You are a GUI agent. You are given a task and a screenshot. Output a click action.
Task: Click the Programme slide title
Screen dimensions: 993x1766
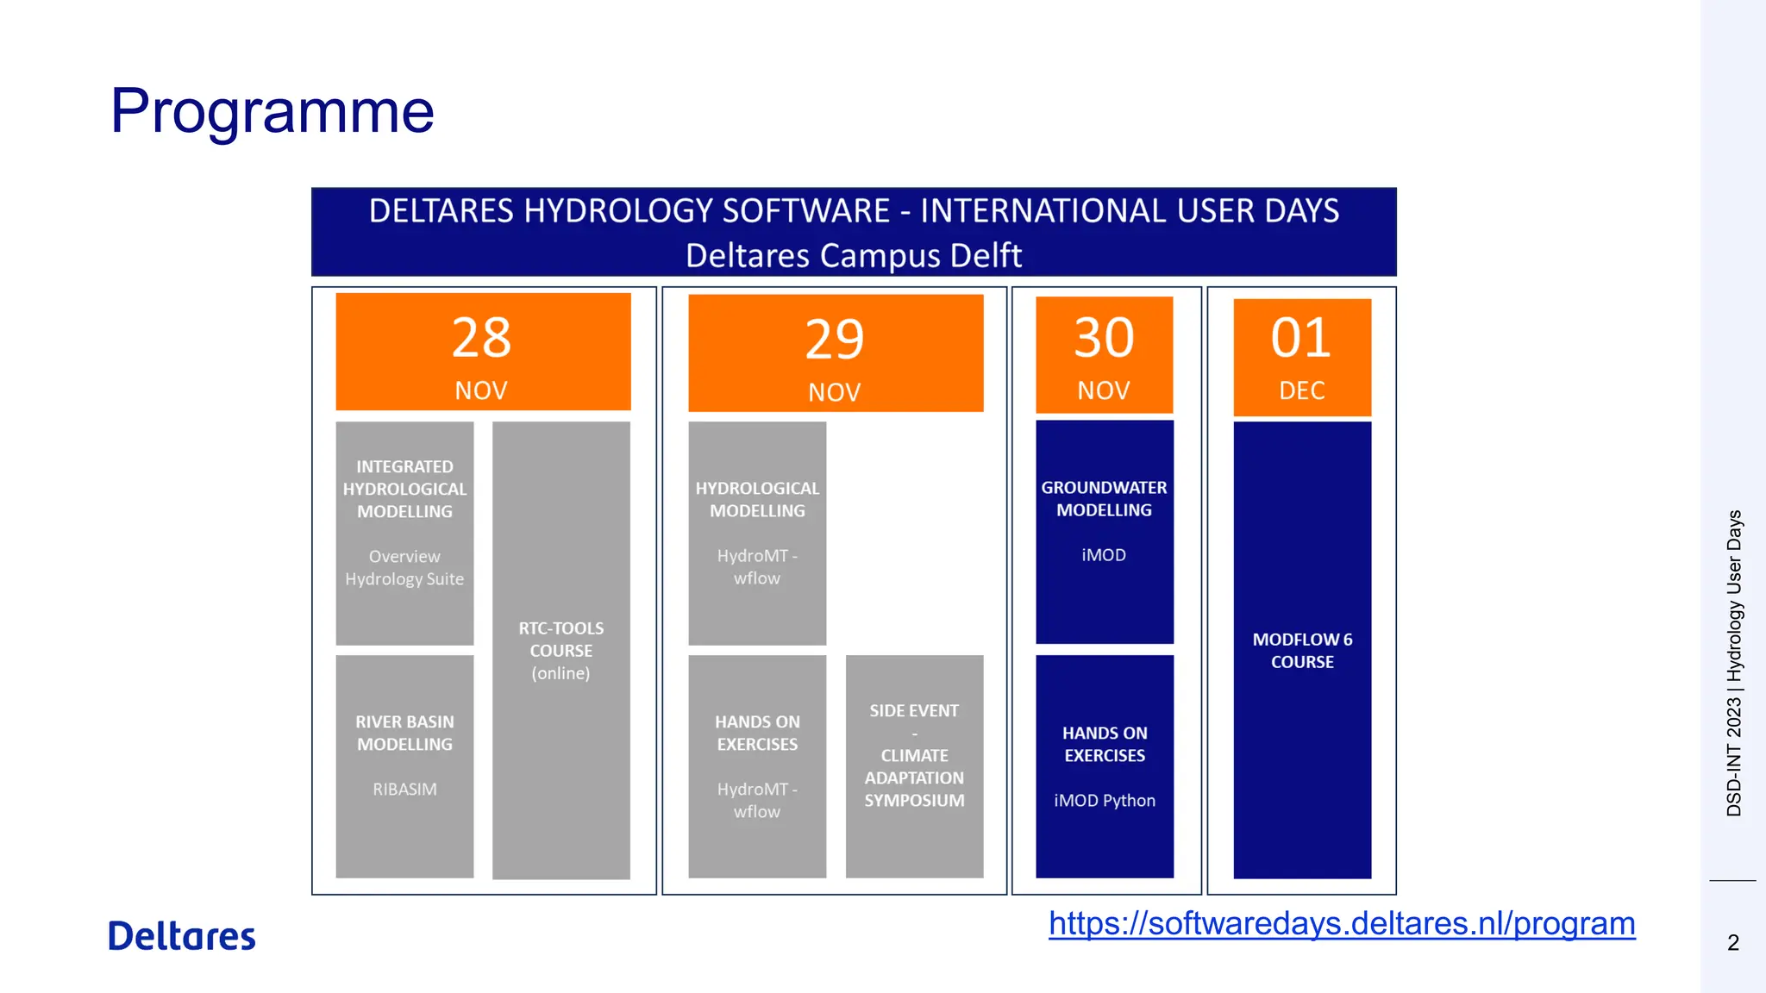[x=272, y=111]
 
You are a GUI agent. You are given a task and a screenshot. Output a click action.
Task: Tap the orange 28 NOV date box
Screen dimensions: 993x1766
[x=483, y=352]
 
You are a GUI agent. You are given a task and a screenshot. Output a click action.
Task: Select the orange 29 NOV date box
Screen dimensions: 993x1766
[x=835, y=353]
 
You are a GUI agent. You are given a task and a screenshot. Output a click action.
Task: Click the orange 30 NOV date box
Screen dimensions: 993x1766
[x=1104, y=355]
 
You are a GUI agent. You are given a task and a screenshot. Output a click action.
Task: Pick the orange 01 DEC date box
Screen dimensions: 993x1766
[x=1301, y=357]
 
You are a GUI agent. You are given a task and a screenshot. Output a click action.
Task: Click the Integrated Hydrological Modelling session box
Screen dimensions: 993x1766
[x=404, y=532]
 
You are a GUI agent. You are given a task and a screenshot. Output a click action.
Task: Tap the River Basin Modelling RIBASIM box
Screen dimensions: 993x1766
[x=404, y=765]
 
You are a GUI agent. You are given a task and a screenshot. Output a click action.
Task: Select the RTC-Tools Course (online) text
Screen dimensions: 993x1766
[x=560, y=651]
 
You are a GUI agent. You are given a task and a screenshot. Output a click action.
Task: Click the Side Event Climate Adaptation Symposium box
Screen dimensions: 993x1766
[x=914, y=765]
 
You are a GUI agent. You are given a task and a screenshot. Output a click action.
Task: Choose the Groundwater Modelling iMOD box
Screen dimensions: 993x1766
[x=1104, y=532]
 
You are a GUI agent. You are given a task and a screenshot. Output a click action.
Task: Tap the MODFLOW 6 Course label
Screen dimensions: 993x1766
[x=1302, y=651]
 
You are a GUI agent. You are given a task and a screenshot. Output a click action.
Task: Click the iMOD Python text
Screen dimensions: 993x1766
[x=1104, y=801]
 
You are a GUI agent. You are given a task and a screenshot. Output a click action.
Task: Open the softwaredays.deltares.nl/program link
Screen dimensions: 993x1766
[x=1342, y=924]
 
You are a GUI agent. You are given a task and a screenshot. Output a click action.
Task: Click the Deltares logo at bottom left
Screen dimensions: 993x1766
[x=182, y=936]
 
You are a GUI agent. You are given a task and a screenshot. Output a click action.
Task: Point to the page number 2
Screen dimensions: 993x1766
[x=1733, y=943]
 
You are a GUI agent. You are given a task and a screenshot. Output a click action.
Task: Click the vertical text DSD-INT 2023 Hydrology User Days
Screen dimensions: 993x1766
[x=1734, y=664]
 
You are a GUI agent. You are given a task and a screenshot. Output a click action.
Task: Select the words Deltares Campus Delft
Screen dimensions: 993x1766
[x=853, y=256]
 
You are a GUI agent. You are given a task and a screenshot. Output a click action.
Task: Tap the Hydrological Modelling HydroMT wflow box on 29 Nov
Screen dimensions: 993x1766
[x=757, y=532]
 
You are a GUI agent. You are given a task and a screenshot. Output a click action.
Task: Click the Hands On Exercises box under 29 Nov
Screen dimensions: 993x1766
[x=757, y=765]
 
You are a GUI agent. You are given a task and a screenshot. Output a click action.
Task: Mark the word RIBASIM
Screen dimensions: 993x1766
[x=404, y=790]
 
